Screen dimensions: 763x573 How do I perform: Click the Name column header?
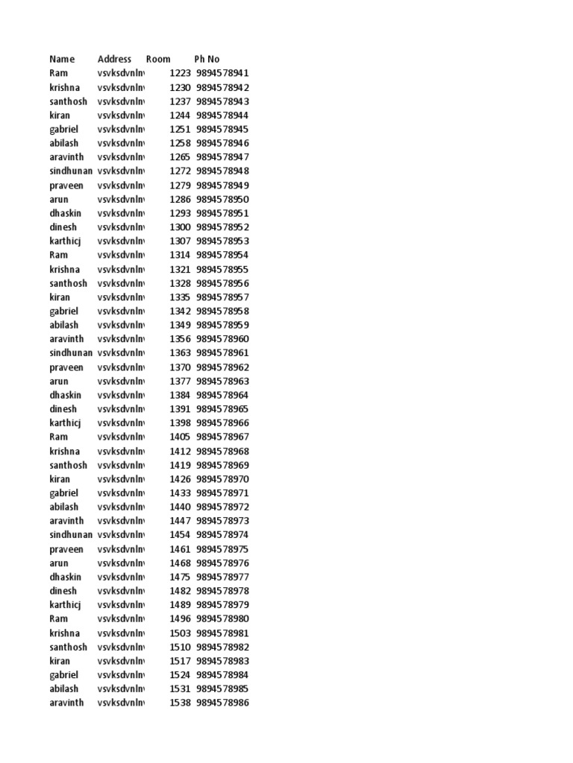[x=62, y=59]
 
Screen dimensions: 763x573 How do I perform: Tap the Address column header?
[x=114, y=59]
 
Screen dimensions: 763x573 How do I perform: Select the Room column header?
[x=158, y=59]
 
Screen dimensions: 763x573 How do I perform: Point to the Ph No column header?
[x=207, y=59]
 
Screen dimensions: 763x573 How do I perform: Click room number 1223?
[x=181, y=73]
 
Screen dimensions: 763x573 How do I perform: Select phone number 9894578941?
[x=223, y=73]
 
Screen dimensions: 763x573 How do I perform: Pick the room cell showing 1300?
[x=181, y=227]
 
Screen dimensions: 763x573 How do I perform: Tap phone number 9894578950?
[x=223, y=199]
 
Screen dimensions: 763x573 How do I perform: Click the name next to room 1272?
[x=72, y=171]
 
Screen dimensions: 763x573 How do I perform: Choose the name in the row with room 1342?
[x=63, y=311]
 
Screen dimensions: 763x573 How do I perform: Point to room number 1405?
[x=181, y=437]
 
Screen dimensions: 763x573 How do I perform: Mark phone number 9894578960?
[x=223, y=339]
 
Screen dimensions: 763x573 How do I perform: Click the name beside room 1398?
[x=65, y=422]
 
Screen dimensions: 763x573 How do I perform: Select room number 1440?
[x=181, y=507]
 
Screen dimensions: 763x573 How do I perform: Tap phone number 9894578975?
[x=223, y=549]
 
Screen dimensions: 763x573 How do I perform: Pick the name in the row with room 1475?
[x=66, y=577]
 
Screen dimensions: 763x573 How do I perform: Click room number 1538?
[x=181, y=703]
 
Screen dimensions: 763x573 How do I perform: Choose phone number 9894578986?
[x=223, y=703]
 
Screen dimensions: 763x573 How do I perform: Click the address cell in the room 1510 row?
[x=121, y=647]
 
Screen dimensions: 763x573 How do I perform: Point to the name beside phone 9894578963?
[x=59, y=381]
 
